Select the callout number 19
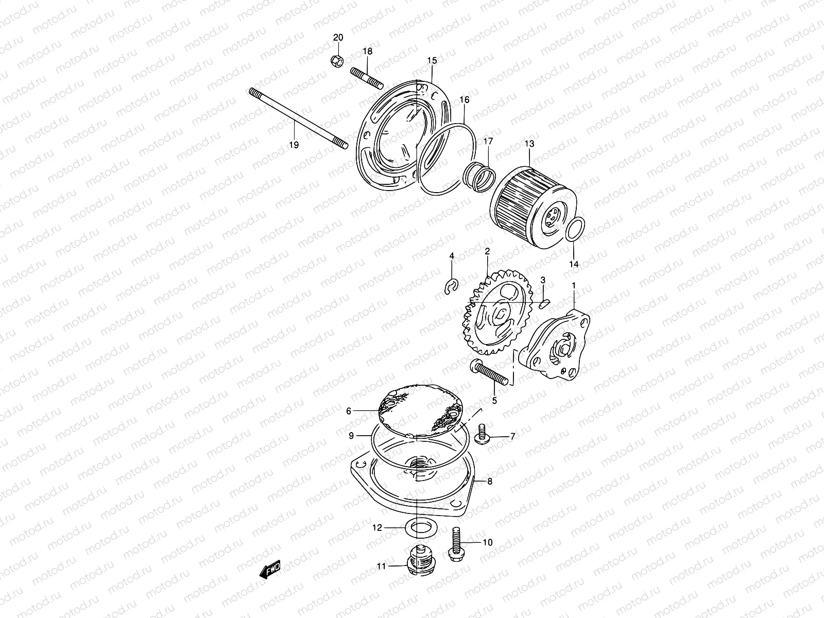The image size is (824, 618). point(293,145)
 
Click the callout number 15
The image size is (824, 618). point(432,61)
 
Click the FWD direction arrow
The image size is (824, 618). point(269,569)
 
